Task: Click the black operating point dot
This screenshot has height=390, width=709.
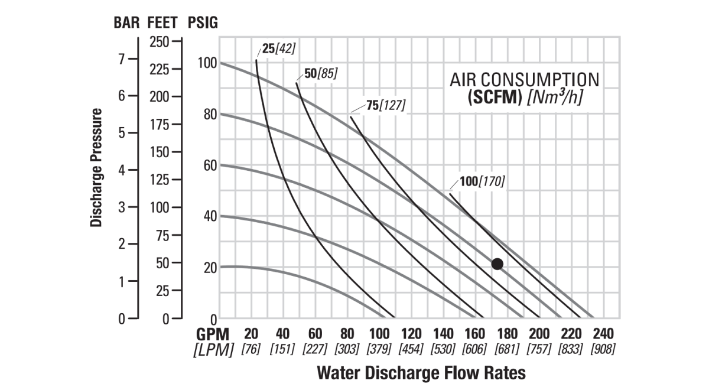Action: tap(497, 264)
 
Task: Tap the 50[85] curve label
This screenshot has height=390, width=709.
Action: tap(321, 74)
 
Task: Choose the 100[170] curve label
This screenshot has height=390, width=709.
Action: tap(482, 181)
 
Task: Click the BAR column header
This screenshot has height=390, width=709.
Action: tap(127, 23)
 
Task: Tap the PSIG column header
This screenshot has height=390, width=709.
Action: tap(203, 23)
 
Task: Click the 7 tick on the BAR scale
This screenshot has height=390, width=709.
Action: tap(122, 60)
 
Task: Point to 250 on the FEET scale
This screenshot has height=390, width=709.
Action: tap(158, 41)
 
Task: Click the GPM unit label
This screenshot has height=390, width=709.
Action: tap(213, 333)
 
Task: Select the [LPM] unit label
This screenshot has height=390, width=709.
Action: tap(213, 349)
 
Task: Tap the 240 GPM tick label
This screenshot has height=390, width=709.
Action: tap(603, 333)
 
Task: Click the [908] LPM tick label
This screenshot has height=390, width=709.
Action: tap(603, 349)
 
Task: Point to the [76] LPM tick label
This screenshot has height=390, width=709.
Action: tap(251, 349)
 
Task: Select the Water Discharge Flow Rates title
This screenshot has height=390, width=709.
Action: tap(421, 373)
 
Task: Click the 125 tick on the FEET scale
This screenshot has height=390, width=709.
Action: tap(158, 180)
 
